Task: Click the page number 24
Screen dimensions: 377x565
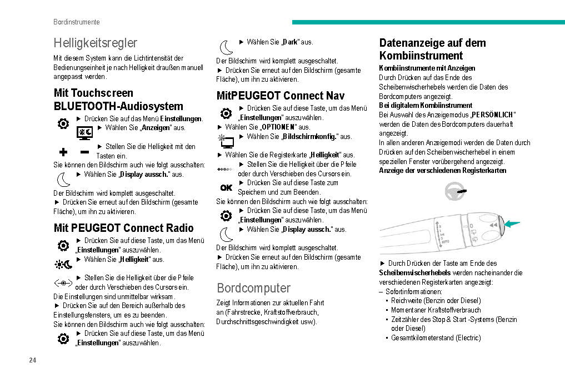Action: (32, 360)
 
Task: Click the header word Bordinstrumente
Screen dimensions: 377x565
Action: (77, 22)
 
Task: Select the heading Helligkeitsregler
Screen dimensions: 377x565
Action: (95, 43)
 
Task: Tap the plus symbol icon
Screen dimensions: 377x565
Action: (63, 152)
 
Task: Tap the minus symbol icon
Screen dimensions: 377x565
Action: (84, 152)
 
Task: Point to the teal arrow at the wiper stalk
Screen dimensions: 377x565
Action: (513, 224)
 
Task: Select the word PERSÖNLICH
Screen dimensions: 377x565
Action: (493, 115)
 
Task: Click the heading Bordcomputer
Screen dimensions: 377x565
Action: (253, 288)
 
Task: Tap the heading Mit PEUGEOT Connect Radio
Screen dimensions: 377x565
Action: (123, 228)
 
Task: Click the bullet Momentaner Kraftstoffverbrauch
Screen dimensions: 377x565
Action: (436, 310)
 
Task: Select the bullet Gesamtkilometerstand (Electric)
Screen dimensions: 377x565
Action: (436, 338)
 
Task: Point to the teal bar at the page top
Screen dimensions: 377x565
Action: (428, 22)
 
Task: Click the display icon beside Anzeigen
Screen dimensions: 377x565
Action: (84, 132)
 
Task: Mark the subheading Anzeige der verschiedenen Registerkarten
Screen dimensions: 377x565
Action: (442, 171)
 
